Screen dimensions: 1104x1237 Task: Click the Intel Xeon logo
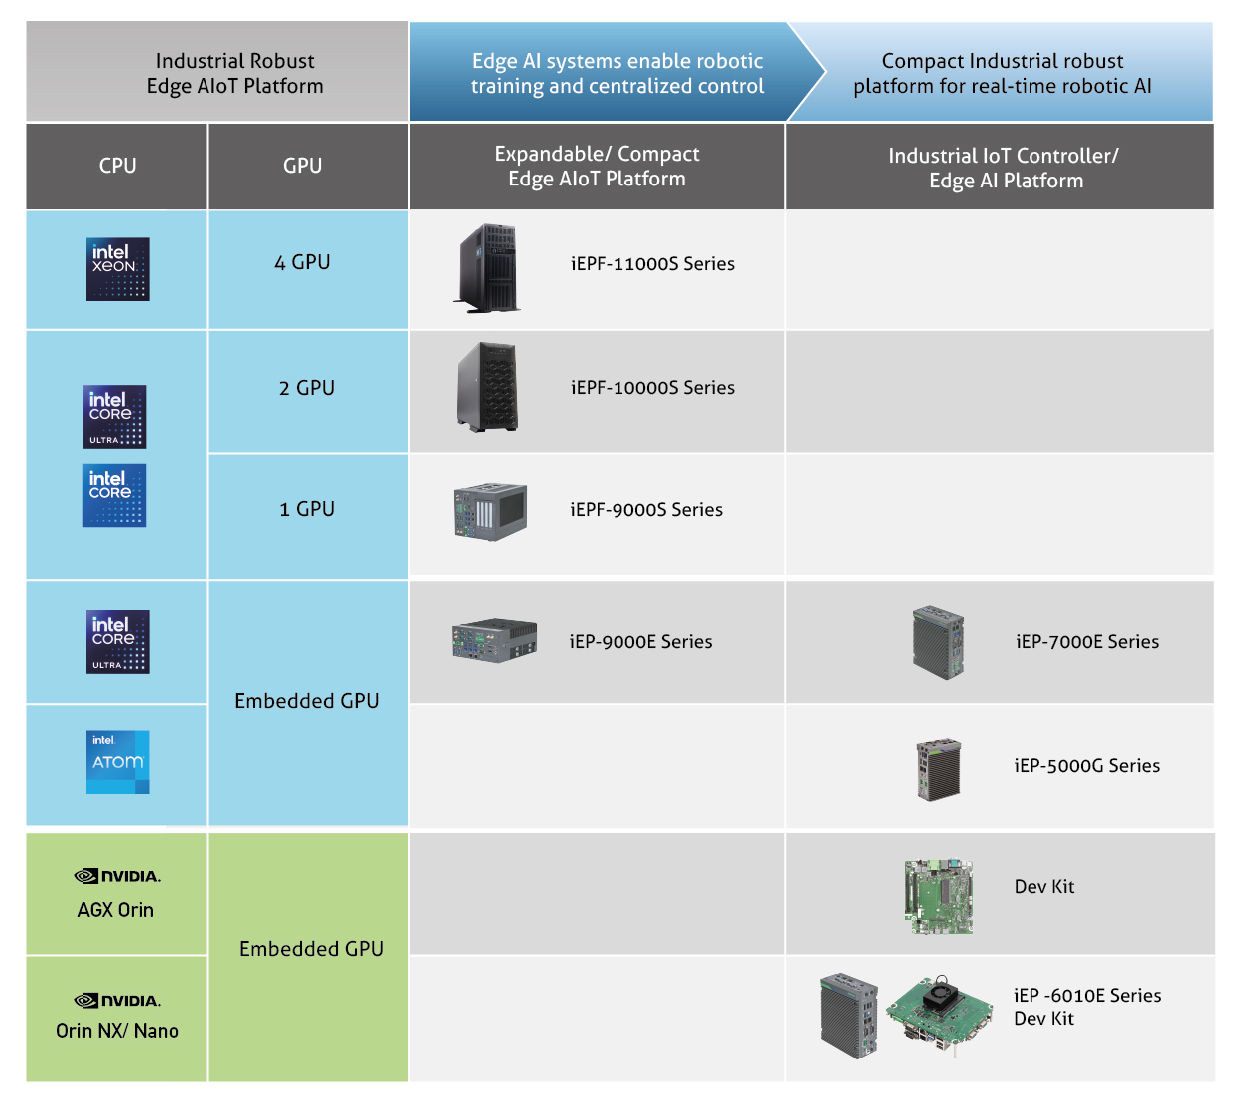coord(118,269)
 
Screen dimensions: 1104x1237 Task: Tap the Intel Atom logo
coord(118,762)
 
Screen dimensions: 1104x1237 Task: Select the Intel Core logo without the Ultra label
coord(115,495)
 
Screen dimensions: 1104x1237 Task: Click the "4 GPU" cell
coord(302,262)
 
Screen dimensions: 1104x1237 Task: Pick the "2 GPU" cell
coord(307,388)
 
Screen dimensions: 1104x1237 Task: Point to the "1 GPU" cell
coord(307,509)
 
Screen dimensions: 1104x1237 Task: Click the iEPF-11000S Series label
coord(652,264)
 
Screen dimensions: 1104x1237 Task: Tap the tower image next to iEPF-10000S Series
coord(488,387)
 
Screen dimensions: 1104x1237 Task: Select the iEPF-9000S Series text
coord(646,510)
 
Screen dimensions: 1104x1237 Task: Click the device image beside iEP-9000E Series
coord(494,640)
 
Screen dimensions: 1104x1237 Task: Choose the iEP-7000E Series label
coord(1087,642)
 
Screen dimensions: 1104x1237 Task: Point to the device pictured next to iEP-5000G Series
coord(939,768)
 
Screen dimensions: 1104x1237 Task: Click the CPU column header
coord(117,166)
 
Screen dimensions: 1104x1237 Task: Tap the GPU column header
coord(302,166)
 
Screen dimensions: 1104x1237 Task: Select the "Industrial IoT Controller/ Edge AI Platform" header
coord(1004,168)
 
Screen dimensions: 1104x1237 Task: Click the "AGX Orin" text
coord(116,910)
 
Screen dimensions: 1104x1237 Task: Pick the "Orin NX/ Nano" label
coord(117,1031)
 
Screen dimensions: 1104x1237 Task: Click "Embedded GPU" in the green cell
coord(311,949)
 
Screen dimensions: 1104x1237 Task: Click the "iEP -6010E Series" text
coord(1087,996)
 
